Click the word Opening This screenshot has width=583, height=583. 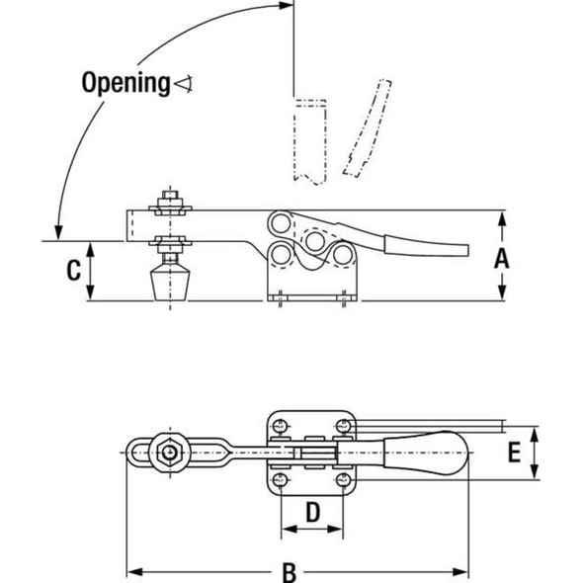125,82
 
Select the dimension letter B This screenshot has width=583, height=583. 290,572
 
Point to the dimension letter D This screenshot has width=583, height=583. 311,512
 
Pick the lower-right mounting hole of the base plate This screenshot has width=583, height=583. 343,481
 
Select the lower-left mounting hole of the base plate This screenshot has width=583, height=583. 281,481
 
